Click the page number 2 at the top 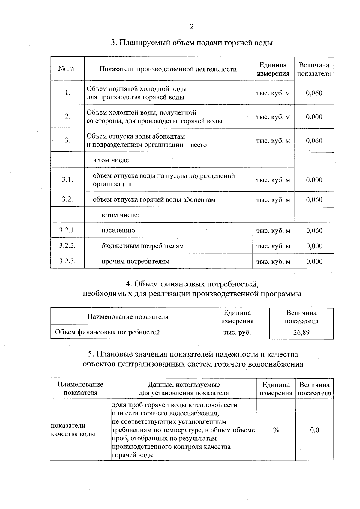click(192, 26)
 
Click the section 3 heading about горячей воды click(192, 43)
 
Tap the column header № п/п click(67, 69)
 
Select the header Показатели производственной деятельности click(168, 69)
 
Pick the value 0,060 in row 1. click(314, 93)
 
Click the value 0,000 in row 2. click(314, 117)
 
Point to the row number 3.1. click(67, 180)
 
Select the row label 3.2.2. click(67, 246)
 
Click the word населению click(118, 230)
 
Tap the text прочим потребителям click(136, 261)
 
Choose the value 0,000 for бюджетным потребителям click(314, 246)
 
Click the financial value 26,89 click(301, 332)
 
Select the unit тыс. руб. click(237, 332)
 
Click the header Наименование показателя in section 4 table click(128, 317)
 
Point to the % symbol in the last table click(276, 430)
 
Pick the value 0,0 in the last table click(315, 430)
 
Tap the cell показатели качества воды click(73, 430)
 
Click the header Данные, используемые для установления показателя click(184, 389)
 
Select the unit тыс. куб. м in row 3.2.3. click(273, 261)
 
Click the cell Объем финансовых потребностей click(107, 332)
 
